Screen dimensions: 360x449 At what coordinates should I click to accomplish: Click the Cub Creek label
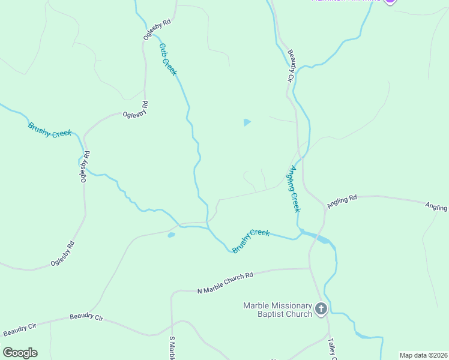168,59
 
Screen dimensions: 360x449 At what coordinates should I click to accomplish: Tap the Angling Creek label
292,189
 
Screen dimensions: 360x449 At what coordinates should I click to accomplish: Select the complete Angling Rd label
342,201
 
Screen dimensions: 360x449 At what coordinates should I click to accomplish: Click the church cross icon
321,309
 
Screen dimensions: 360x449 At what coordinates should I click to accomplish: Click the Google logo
20,353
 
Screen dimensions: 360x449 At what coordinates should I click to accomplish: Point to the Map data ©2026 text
423,355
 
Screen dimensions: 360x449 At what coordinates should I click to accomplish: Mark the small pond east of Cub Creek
247,122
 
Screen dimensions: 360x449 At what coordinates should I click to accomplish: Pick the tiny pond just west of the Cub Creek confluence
171,235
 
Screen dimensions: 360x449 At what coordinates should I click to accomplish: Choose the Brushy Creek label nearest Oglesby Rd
50,130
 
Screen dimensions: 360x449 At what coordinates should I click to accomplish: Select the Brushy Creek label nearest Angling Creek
251,241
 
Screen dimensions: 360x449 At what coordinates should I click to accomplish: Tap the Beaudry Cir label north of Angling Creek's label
289,66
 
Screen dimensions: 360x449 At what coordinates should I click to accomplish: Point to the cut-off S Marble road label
172,347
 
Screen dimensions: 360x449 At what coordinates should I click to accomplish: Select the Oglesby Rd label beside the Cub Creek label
157,29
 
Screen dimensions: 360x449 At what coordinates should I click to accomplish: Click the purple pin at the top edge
390,2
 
